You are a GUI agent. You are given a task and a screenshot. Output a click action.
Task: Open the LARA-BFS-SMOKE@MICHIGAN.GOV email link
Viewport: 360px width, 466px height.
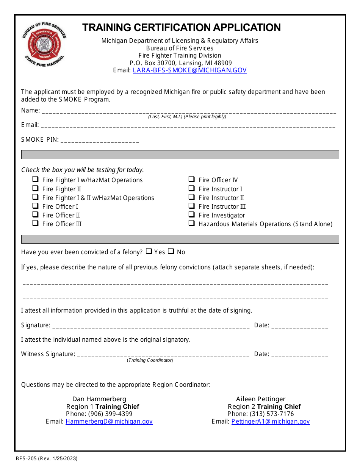click(x=189, y=70)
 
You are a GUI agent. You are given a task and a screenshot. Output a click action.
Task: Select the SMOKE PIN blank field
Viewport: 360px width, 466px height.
click(x=100, y=141)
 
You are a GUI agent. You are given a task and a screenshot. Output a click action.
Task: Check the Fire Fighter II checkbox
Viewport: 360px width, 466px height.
click(x=35, y=188)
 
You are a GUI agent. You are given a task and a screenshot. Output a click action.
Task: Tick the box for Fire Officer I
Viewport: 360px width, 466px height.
click(x=35, y=206)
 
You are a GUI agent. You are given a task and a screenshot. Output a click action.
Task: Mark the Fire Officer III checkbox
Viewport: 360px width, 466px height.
click(x=35, y=223)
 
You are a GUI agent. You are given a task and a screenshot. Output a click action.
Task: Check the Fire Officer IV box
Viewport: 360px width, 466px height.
click(x=191, y=180)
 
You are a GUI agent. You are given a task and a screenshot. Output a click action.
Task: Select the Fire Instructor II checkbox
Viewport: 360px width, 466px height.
click(x=191, y=197)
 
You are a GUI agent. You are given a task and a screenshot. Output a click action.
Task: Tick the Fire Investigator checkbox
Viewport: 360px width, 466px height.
click(x=191, y=214)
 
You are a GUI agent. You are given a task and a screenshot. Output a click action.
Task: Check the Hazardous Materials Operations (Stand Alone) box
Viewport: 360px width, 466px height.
click(x=191, y=223)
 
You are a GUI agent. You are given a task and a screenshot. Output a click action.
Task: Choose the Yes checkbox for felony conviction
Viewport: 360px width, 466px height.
click(x=149, y=251)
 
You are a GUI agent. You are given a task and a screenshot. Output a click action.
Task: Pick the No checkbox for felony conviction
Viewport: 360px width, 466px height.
click(x=171, y=251)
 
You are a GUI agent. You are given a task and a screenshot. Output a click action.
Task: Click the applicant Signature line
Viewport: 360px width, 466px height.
click(x=150, y=326)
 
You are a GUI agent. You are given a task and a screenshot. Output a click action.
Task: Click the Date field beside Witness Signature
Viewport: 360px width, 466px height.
click(x=299, y=355)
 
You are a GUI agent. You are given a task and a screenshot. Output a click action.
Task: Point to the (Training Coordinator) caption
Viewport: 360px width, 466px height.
click(x=150, y=360)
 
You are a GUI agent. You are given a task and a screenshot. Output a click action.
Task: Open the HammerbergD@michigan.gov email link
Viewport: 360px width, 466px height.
click(x=109, y=421)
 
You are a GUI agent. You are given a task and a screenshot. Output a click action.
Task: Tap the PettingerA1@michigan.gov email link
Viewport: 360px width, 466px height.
click(x=271, y=421)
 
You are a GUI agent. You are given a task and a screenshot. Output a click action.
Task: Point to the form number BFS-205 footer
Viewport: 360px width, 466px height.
click(x=47, y=458)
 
